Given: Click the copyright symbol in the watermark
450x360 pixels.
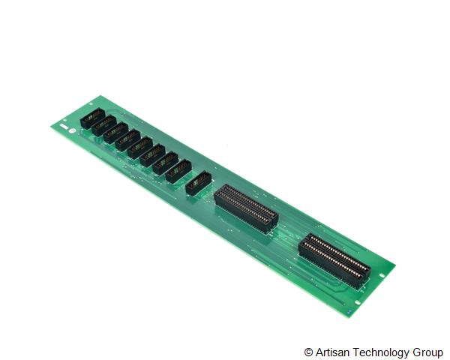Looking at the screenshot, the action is point(308,352).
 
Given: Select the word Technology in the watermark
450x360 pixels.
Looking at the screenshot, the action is point(381,352).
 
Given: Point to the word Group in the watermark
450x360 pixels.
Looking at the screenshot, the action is point(428,352).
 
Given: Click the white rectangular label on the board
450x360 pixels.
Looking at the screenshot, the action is point(64,126).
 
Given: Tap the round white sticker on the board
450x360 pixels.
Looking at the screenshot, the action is point(72,131).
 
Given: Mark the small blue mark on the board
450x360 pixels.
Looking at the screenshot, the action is point(349,312).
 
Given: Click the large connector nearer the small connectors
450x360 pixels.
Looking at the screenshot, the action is point(246,208).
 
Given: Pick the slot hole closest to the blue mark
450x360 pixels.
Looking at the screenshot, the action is point(358,302).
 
